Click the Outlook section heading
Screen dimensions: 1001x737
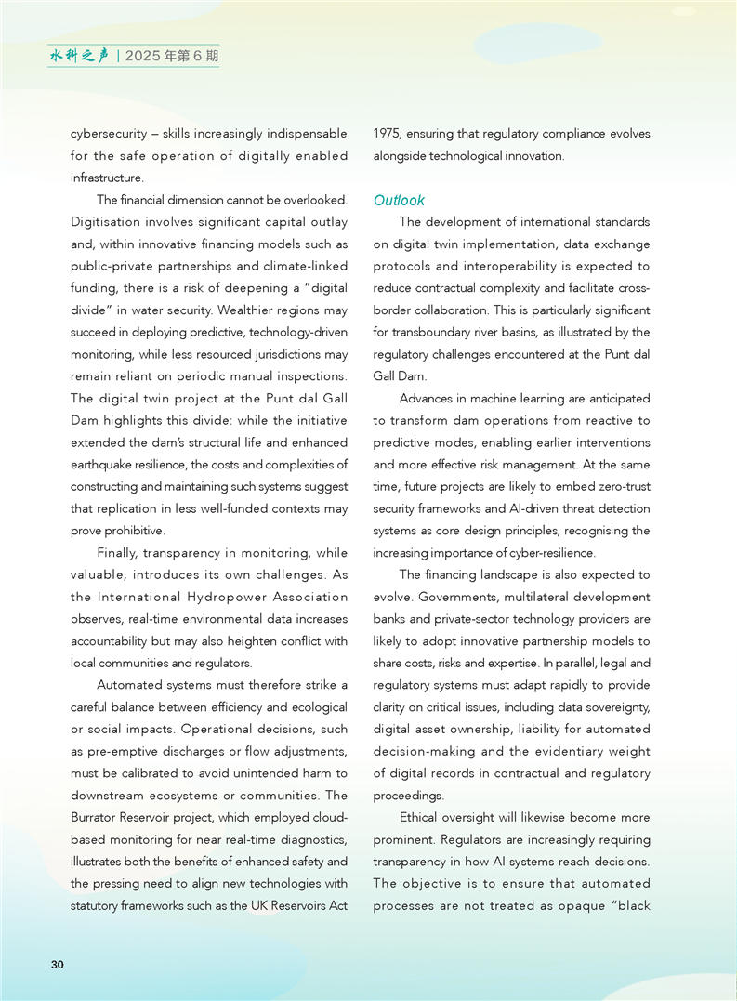[x=399, y=200]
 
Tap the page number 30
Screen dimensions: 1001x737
[x=58, y=965]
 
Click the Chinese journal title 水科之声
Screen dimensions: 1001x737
[x=79, y=56]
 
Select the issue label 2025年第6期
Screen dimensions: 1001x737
[x=171, y=56]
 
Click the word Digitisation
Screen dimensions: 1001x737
[x=105, y=222]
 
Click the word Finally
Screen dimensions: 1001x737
[x=118, y=553]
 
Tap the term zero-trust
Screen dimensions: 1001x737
[x=624, y=487]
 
